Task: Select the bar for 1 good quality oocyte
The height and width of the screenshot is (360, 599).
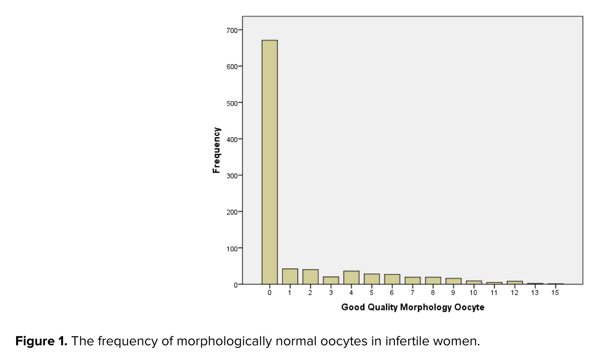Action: [290, 277]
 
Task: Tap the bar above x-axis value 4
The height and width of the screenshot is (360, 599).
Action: [351, 278]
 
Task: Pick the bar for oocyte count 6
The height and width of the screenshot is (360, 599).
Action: [392, 279]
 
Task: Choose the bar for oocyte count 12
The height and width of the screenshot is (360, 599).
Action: [515, 283]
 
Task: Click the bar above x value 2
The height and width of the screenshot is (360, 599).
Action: [310, 277]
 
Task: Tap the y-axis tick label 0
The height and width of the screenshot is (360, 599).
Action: [235, 285]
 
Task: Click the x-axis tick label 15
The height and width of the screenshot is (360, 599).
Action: [555, 293]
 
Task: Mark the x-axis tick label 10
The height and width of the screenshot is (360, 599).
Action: [473, 293]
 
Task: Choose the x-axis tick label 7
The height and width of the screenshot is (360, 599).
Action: [412, 293]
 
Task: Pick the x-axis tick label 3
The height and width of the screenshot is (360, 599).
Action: [331, 293]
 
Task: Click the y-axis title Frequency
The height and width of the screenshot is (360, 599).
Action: [217, 150]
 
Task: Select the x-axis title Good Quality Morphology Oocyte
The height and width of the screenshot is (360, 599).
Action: [413, 307]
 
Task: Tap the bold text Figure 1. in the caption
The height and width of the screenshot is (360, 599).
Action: [41, 341]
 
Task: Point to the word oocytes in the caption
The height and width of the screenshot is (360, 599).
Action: [343, 341]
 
